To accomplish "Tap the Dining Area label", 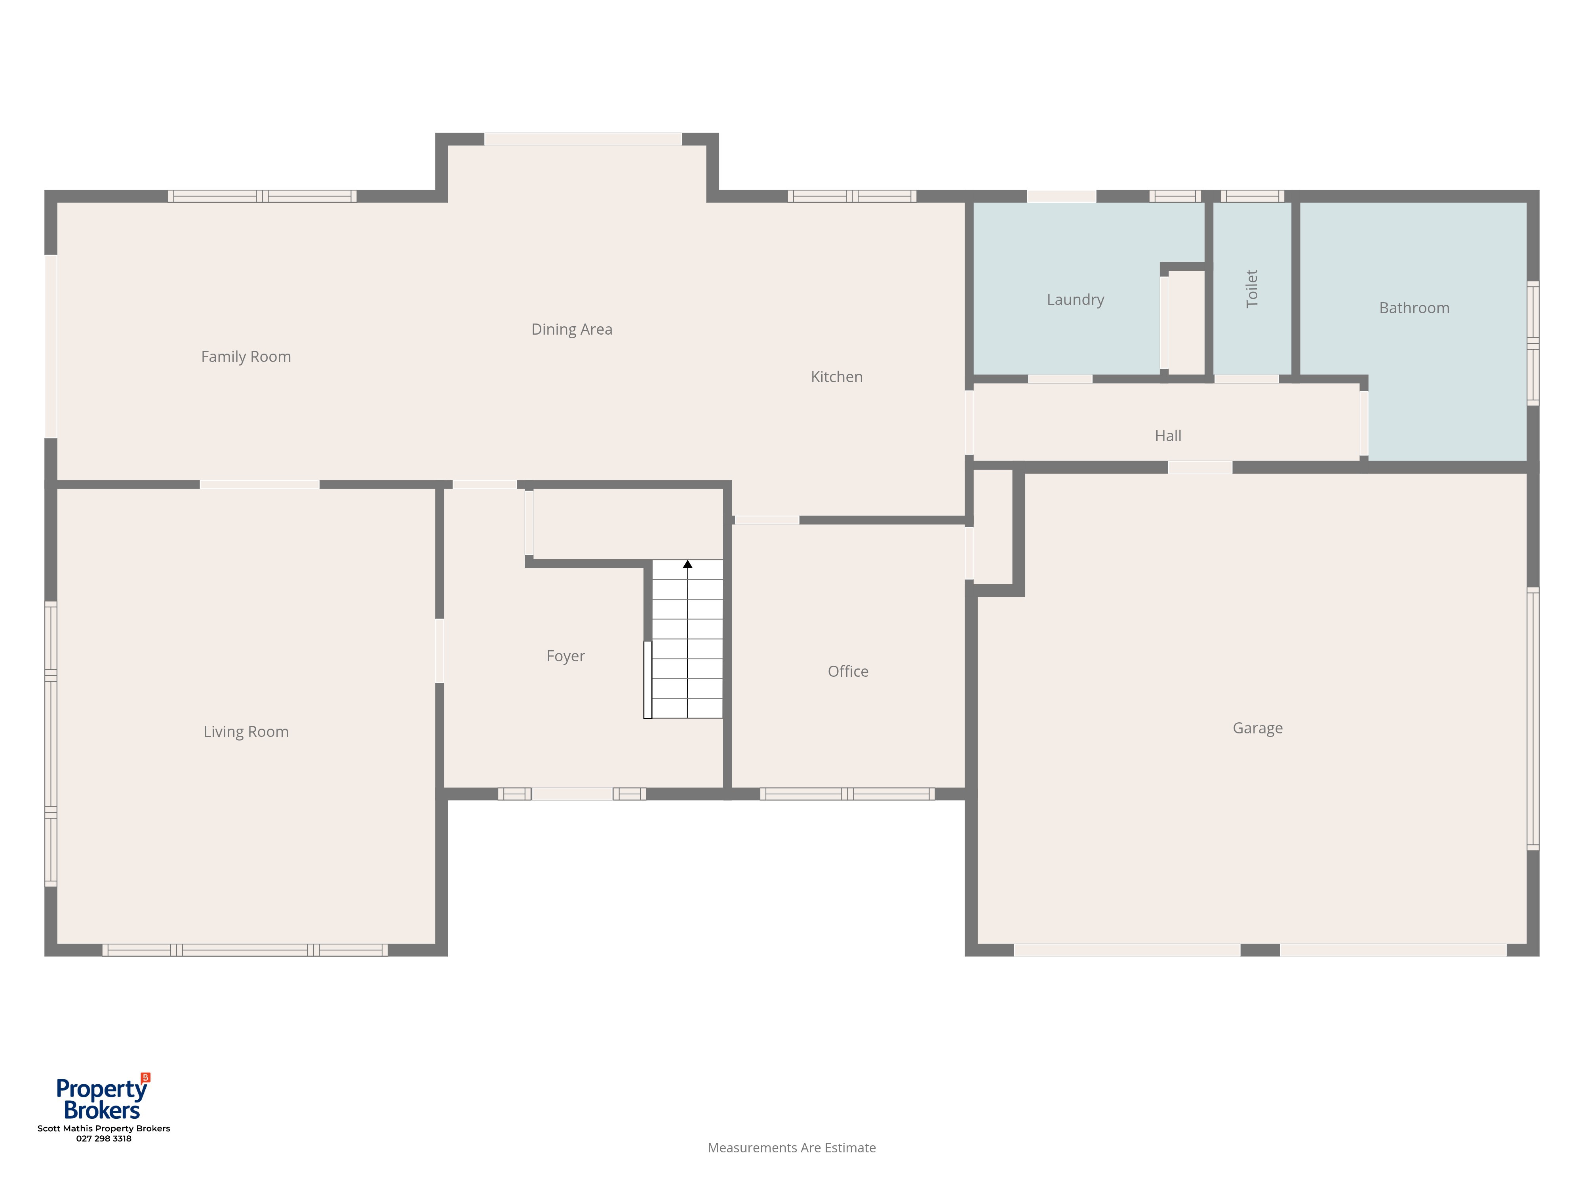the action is pyautogui.click(x=571, y=329).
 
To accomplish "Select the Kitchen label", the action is pyautogui.click(x=836, y=377).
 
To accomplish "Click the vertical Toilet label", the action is pyautogui.click(x=1252, y=289).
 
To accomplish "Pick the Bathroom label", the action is pyautogui.click(x=1414, y=308).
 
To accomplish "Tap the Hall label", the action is pyautogui.click(x=1168, y=435).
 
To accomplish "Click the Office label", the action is pyautogui.click(x=848, y=671).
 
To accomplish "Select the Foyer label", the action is pyautogui.click(x=566, y=656).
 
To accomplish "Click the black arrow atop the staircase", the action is pyautogui.click(x=687, y=564).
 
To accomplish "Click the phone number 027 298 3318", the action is pyautogui.click(x=104, y=1138).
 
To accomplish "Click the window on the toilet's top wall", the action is pyautogui.click(x=1253, y=196).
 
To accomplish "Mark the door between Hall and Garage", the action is pyautogui.click(x=1200, y=468).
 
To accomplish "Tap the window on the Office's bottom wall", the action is pyautogui.click(x=847, y=794).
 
